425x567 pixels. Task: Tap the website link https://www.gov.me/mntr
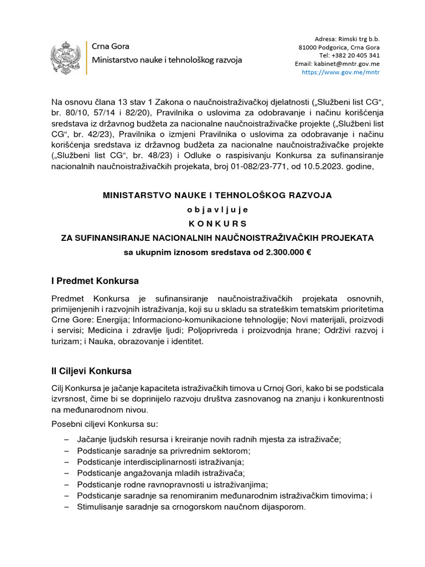tap(340, 72)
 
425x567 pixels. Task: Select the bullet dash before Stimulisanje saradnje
tap(66, 507)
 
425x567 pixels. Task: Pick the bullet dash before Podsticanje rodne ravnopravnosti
tap(66, 484)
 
